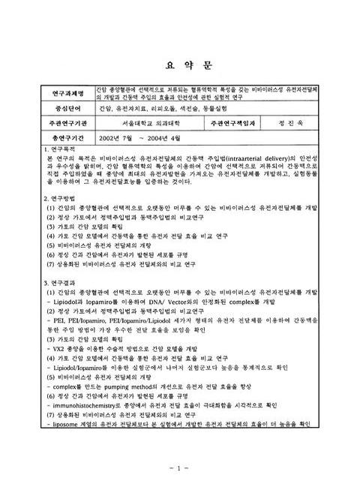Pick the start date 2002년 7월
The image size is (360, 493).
[136, 139]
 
